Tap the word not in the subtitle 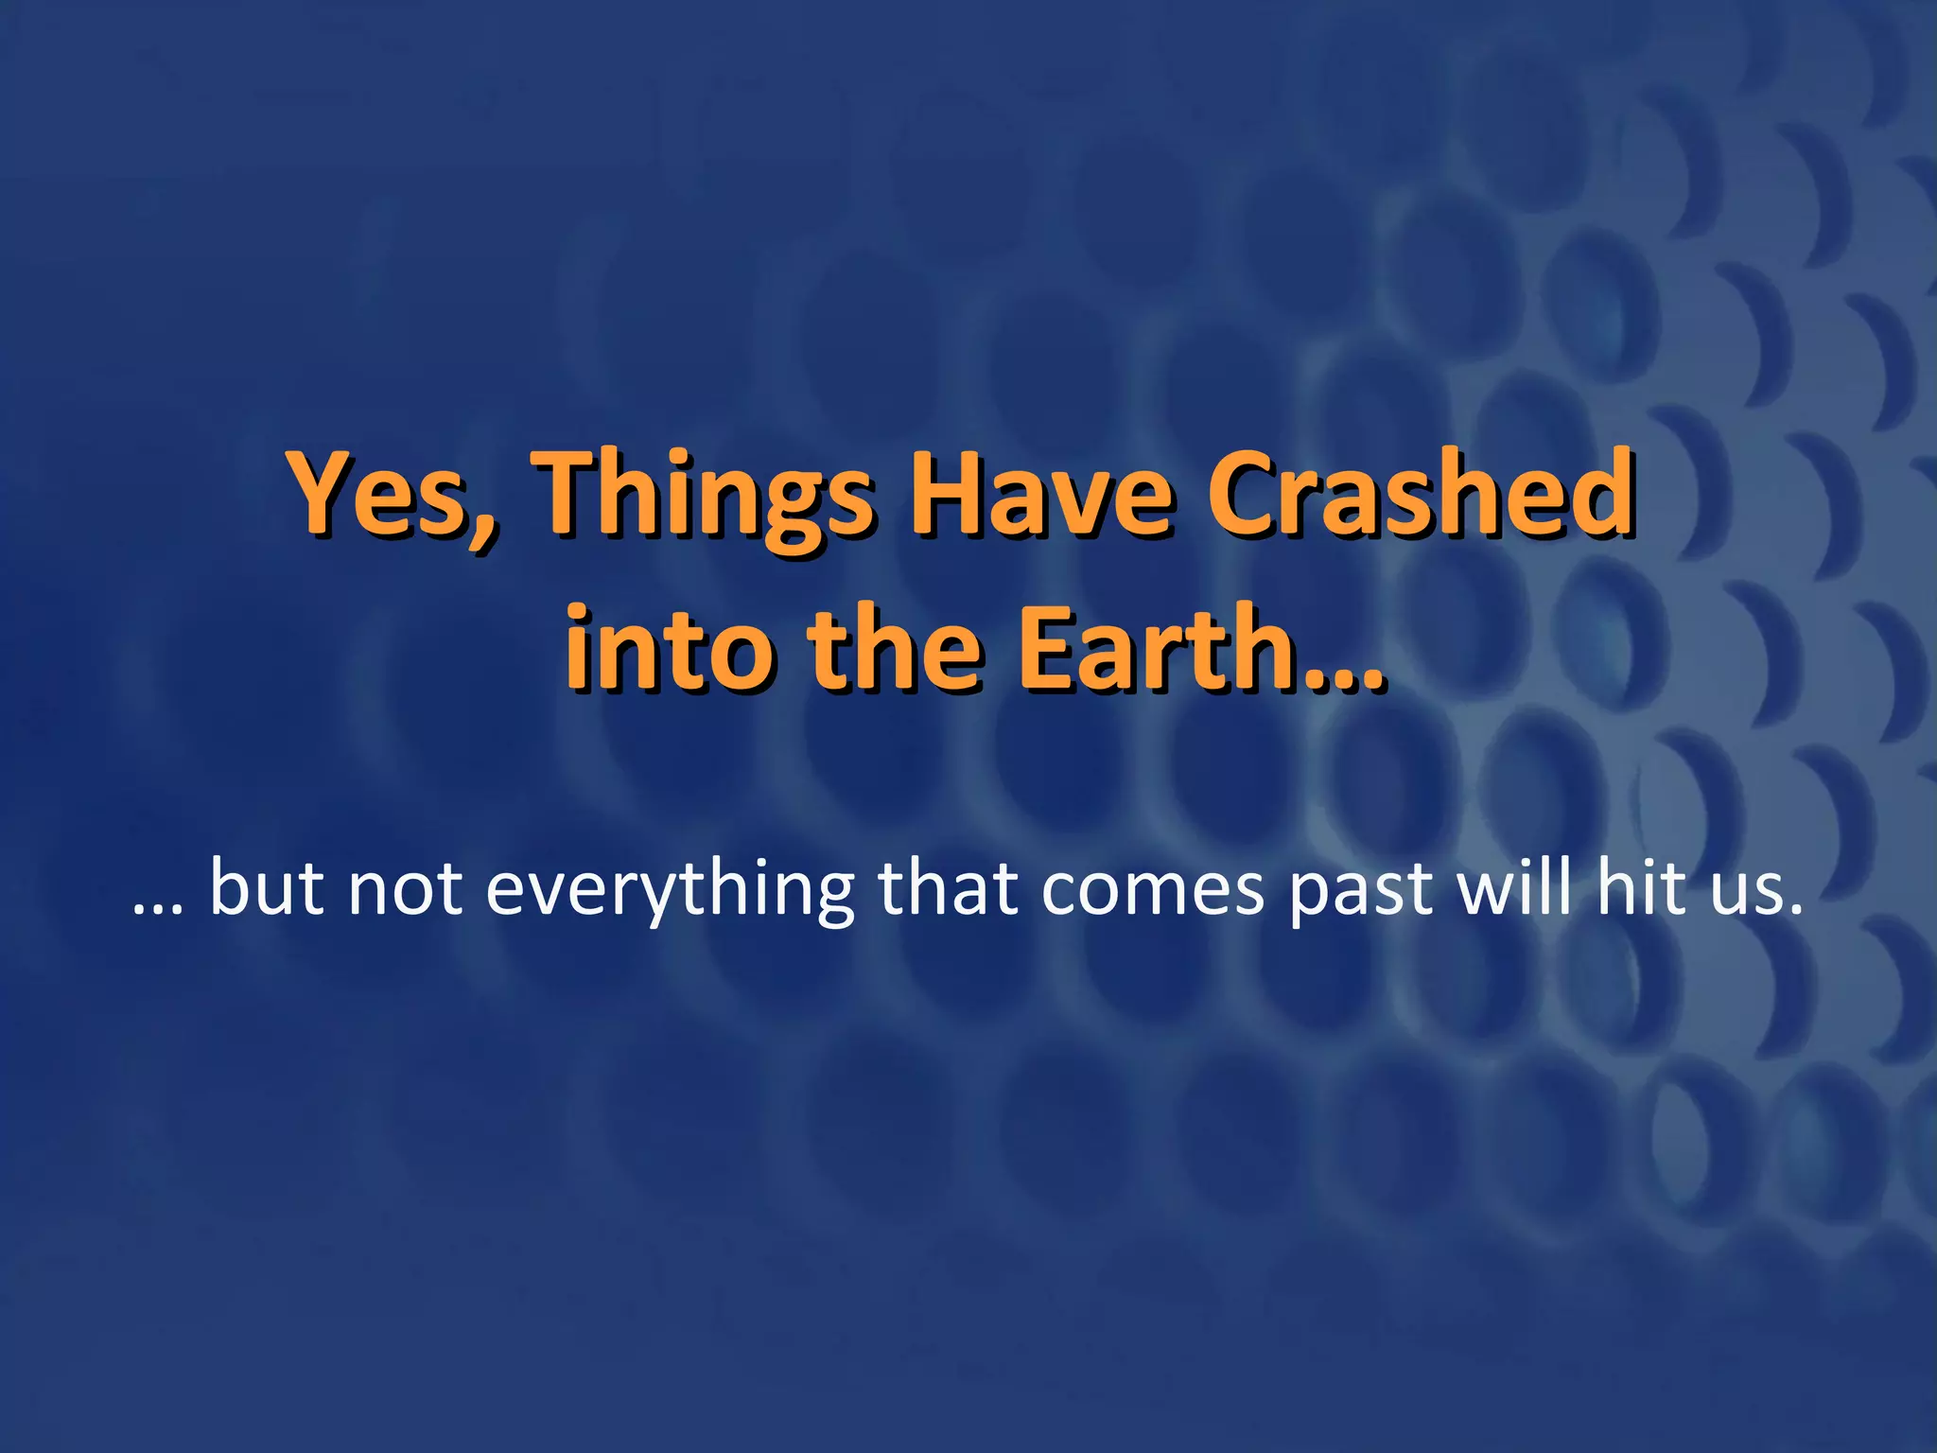[x=406, y=891]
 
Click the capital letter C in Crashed [x=1247, y=497]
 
